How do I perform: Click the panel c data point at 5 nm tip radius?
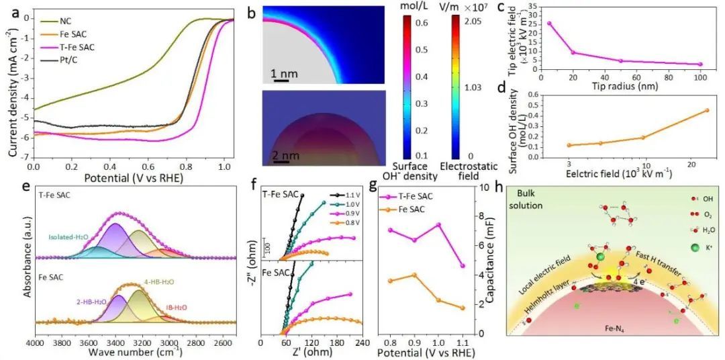click(550, 23)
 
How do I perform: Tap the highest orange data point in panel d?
click(707, 110)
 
